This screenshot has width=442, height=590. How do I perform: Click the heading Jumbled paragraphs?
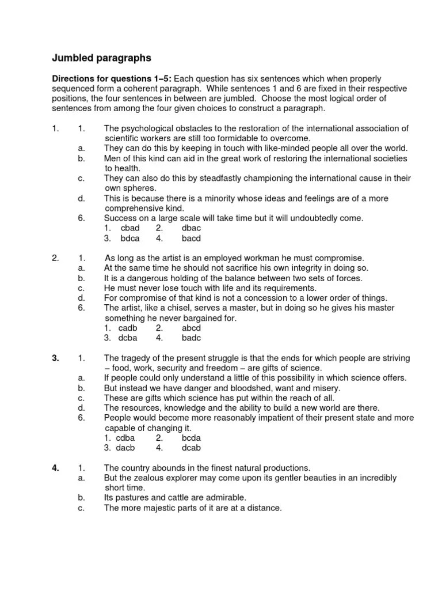tap(102, 58)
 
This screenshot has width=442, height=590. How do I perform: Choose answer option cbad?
tap(130, 228)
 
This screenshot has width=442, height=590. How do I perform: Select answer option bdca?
tap(130, 238)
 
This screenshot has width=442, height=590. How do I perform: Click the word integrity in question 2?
tap(270, 268)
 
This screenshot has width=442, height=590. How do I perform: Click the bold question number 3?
tap(55, 358)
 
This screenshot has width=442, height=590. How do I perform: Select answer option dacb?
tap(129, 447)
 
